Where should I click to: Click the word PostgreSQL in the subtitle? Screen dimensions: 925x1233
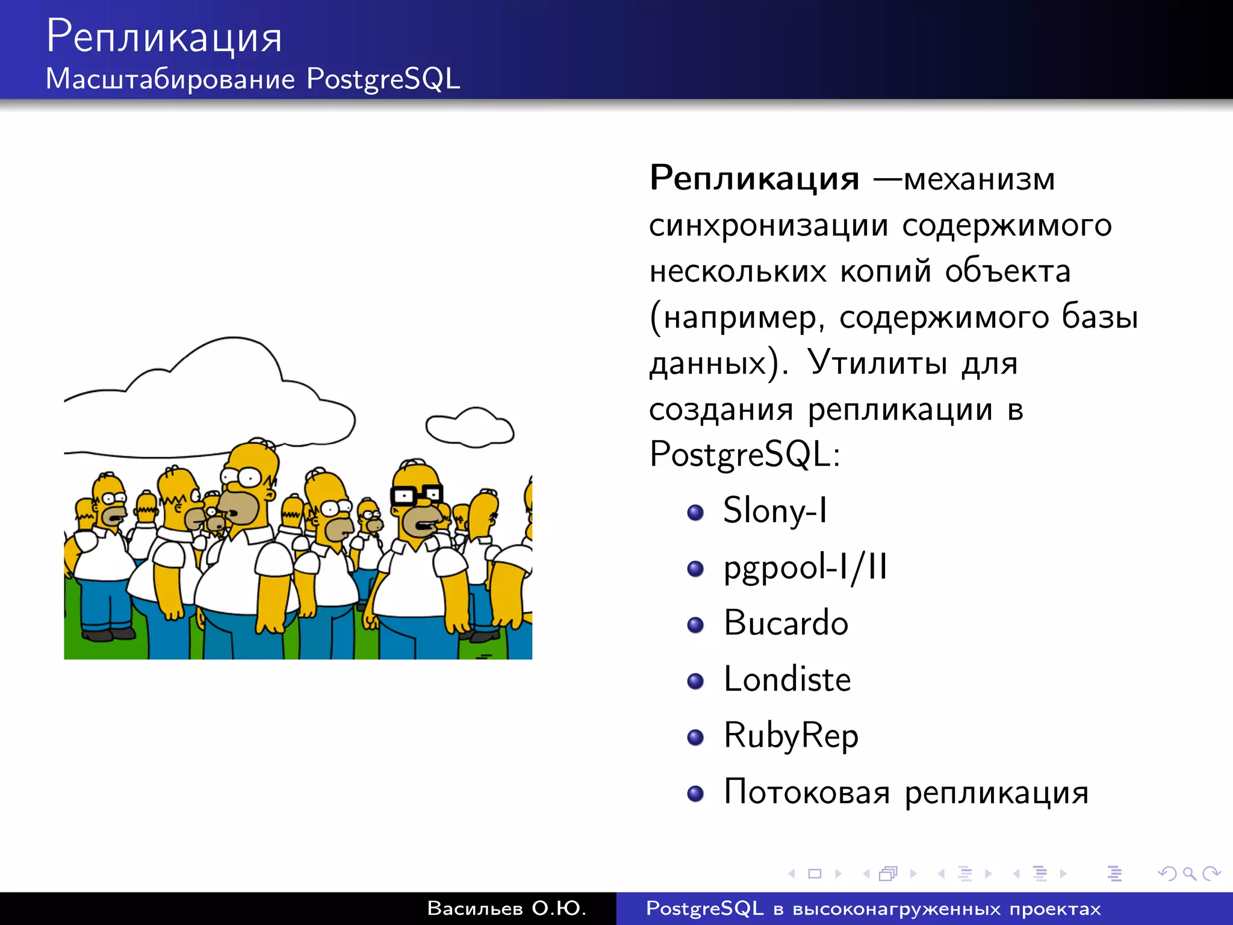tap(383, 79)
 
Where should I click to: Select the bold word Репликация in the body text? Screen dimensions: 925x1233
tap(754, 178)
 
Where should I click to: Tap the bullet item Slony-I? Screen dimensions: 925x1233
tap(775, 511)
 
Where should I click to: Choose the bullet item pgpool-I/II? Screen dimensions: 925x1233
tap(805, 567)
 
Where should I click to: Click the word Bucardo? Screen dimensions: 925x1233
tap(786, 623)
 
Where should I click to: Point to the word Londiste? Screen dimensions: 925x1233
tap(787, 679)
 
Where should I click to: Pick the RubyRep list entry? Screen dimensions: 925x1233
tap(790, 736)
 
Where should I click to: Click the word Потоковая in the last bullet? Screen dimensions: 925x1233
tap(806, 792)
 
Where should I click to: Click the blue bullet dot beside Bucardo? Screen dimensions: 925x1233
tap(695, 625)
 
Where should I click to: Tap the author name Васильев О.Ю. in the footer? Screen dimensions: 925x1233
tap(506, 908)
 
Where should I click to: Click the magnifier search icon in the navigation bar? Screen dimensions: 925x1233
tap(1189, 873)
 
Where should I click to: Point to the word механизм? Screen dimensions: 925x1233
tap(979, 179)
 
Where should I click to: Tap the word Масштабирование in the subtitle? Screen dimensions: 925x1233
tap(170, 79)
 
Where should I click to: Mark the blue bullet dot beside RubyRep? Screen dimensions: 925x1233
tap(695, 737)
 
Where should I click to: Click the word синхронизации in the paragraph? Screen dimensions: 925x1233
tap(768, 226)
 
